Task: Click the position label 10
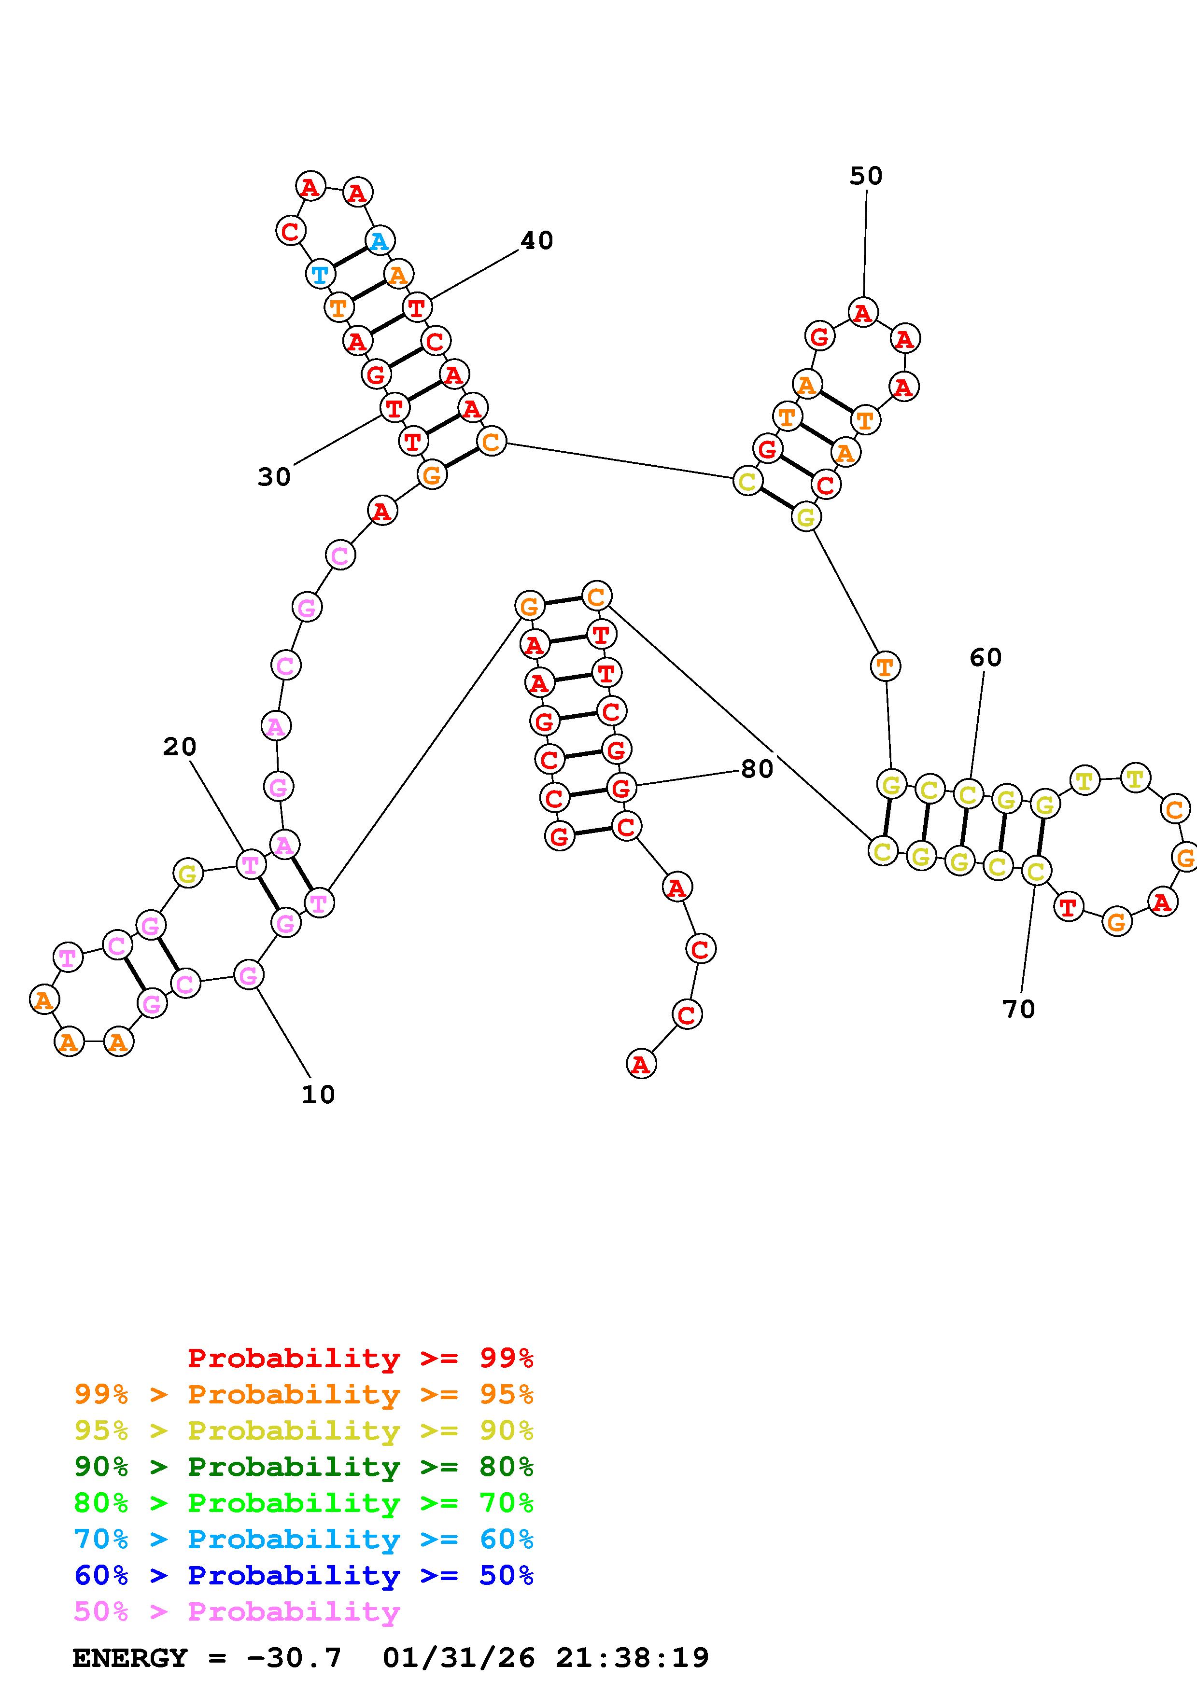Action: pos(318,1095)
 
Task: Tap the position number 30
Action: pos(274,478)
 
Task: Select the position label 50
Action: pos(865,176)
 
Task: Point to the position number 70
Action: pos(1018,1009)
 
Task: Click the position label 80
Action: pos(757,769)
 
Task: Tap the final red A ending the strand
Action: pos(641,1064)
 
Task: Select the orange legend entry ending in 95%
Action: pos(304,1394)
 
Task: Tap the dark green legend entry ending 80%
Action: pos(304,1467)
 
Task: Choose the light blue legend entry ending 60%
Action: pos(304,1539)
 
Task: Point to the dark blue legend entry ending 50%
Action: pos(304,1575)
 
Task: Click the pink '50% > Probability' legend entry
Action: pos(237,1611)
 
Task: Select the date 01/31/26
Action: pos(459,1658)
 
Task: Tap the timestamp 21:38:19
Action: pos(632,1658)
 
